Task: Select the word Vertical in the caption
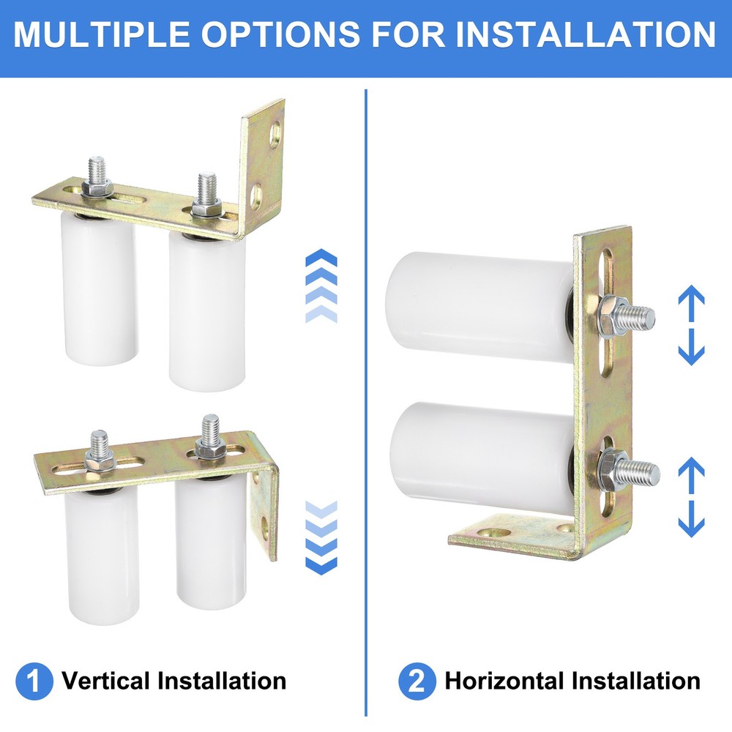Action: coord(106,681)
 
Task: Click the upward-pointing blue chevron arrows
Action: coord(320,285)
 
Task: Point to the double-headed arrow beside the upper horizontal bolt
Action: coord(690,325)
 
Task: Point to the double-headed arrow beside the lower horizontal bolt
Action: coord(690,497)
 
